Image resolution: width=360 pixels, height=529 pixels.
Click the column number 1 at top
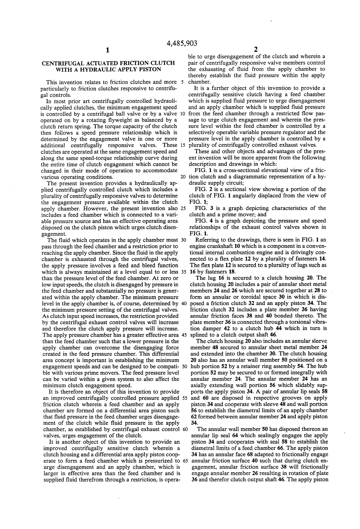107,50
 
